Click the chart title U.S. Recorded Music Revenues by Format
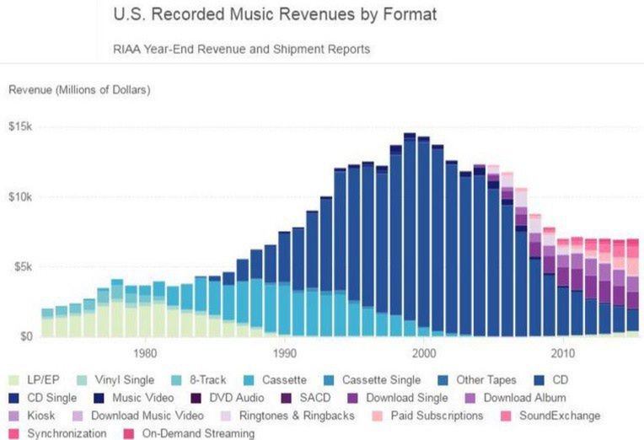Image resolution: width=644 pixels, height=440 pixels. [274, 15]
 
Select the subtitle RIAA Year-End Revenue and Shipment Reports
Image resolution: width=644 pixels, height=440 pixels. [241, 49]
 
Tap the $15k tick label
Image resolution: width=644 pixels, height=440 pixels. [19, 126]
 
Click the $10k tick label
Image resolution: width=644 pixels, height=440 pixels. [19, 196]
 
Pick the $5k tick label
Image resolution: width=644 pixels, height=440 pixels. [22, 266]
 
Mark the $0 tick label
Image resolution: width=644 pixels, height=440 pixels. [25, 336]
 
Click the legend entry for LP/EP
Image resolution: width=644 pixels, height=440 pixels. [42, 380]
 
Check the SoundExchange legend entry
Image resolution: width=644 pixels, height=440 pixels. [557, 416]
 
